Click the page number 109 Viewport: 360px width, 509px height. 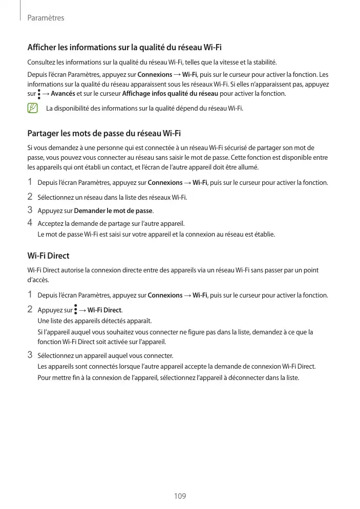click(x=180, y=496)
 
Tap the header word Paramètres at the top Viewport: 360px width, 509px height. click(x=46, y=18)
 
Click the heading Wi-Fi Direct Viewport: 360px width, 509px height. click(x=48, y=256)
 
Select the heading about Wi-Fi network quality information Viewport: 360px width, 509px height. click(x=124, y=48)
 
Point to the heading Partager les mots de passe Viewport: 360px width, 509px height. click(x=104, y=134)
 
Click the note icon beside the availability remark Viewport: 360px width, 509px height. click(x=33, y=108)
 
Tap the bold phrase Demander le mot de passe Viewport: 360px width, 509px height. click(x=113, y=210)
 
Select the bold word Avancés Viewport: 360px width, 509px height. click(x=63, y=94)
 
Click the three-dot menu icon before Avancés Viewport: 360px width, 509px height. click(x=39, y=94)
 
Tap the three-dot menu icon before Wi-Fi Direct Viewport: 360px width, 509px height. click(x=76, y=310)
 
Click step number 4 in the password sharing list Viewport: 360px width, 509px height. click(x=30, y=223)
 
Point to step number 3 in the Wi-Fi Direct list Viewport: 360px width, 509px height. click(x=30, y=355)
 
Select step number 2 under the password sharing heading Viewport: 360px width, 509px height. click(x=30, y=196)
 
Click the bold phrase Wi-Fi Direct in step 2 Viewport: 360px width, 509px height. click(x=104, y=310)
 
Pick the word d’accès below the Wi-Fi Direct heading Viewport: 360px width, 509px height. click(x=36, y=280)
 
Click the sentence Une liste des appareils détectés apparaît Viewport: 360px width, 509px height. click(x=95, y=321)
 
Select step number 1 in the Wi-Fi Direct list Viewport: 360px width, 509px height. click(x=30, y=294)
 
